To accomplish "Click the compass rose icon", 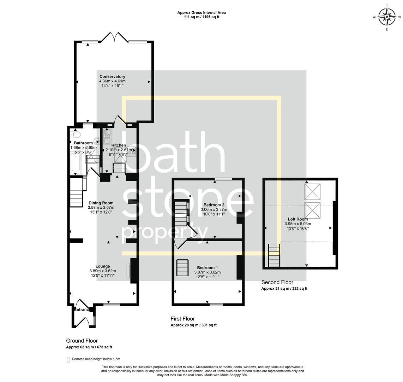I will coord(387,17).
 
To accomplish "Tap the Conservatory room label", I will coord(112,76).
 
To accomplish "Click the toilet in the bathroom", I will coord(76,134).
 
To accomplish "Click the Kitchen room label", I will coord(119,145).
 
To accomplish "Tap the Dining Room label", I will coord(101,203).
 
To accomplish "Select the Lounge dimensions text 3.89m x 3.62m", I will coord(102,271).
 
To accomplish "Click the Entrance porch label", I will coord(81,310).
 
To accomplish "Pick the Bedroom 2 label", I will coord(214,205).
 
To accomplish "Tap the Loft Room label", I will coord(297,219).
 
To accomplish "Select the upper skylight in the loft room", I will coord(313,191).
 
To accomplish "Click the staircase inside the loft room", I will coord(274,255).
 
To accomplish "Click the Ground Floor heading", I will coord(82,341).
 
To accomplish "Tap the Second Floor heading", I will coord(277,282).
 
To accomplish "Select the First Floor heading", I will coord(182,319).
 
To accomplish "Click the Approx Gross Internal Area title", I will coord(202,13).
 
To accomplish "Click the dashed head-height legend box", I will coord(68,359).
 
